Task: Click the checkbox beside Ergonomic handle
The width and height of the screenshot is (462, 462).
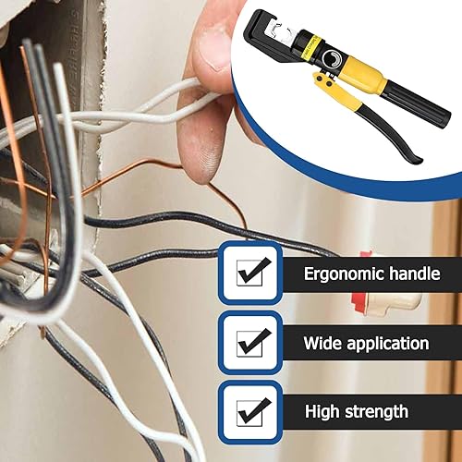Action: tap(251, 272)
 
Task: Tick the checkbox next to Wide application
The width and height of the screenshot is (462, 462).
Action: tap(251, 343)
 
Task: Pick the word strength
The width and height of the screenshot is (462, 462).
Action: tap(397, 411)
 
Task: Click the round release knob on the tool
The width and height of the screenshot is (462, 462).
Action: tap(330, 66)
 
